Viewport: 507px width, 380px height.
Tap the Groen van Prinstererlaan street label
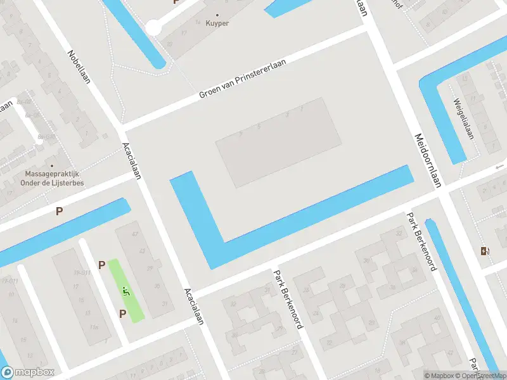pyautogui.click(x=243, y=79)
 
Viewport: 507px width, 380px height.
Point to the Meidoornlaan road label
pyautogui.click(x=427, y=160)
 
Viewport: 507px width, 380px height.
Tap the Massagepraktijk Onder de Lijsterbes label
pyautogui.click(x=55, y=178)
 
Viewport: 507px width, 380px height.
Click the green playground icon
pyautogui.click(x=125, y=291)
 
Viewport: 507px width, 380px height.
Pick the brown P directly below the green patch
pyautogui.click(x=123, y=313)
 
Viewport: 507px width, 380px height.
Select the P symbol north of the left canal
pyautogui.click(x=60, y=212)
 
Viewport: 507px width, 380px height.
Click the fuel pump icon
pyautogui.click(x=485, y=251)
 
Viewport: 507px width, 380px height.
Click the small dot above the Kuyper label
pyautogui.click(x=219, y=14)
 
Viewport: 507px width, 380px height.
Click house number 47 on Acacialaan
pyautogui.click(x=134, y=234)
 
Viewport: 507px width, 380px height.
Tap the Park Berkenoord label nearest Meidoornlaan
pyautogui.click(x=421, y=241)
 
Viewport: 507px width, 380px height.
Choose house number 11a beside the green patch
pyautogui.click(x=94, y=327)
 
